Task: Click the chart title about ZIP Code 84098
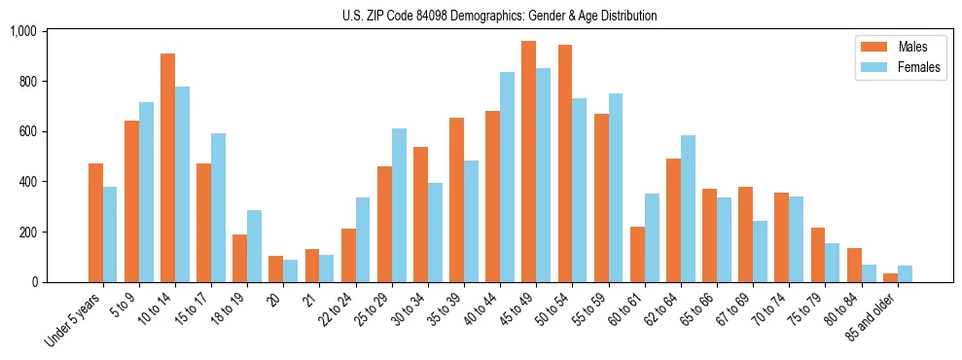point(499,16)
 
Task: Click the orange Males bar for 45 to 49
point(528,162)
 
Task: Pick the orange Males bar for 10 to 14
point(167,167)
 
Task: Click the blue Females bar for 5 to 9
point(146,192)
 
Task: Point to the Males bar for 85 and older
point(890,277)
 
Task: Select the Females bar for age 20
point(290,271)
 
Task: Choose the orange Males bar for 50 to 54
point(564,163)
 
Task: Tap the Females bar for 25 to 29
point(399,205)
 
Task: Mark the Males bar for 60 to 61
point(637,254)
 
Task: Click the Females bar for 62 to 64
point(688,208)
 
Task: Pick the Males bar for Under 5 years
point(95,223)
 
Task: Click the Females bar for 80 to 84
point(869,273)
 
